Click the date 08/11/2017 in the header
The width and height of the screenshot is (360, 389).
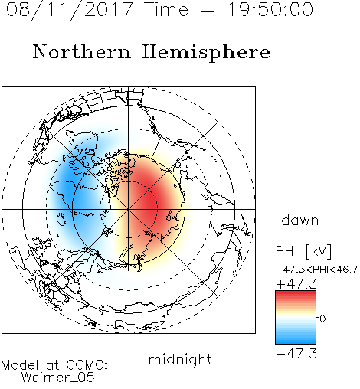coord(69,10)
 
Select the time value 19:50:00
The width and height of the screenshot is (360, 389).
coord(270,9)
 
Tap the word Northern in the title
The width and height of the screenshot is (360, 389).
coord(82,51)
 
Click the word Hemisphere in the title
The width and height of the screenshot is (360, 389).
coord(206,53)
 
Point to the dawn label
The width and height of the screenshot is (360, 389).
coord(300,220)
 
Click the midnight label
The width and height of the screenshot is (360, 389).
coord(180,360)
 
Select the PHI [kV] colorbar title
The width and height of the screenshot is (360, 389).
coord(303,251)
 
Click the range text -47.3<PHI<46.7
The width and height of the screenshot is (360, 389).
coord(316,270)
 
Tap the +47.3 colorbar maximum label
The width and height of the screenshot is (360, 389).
coord(296,284)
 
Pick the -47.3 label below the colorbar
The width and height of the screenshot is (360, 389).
coord(296,354)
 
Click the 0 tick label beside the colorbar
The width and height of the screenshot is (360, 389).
coord(322,319)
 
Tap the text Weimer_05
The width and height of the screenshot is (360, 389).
coord(58,377)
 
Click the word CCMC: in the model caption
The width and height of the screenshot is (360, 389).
coord(87,365)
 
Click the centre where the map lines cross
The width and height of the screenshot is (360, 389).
coord(129,209)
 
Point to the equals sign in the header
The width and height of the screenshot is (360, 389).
coord(207,10)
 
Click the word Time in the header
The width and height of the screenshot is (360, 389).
coord(166,9)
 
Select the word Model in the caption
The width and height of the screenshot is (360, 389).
coord(20,365)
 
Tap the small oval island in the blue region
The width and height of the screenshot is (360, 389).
coord(61,219)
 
